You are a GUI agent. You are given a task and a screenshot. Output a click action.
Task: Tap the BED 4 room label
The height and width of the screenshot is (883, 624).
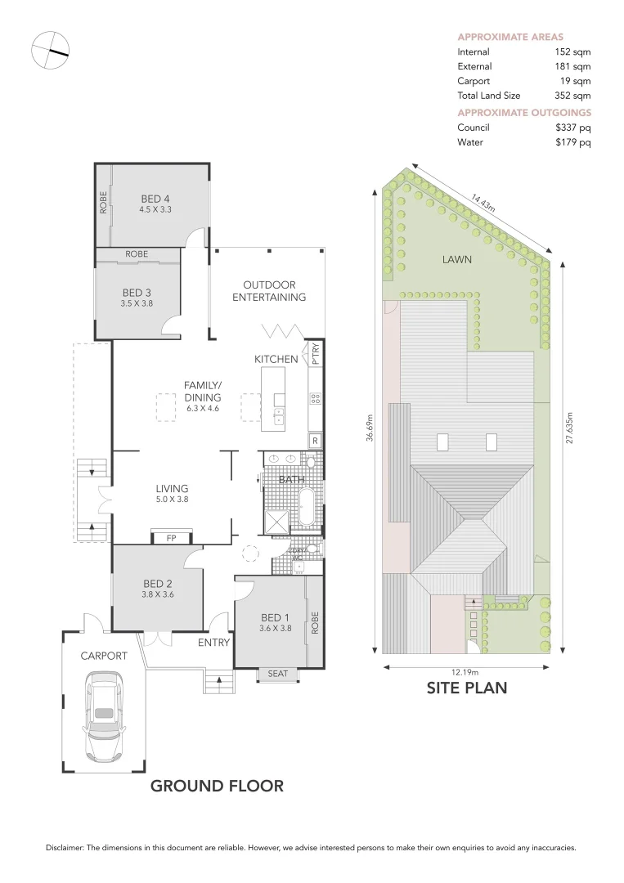click(155, 199)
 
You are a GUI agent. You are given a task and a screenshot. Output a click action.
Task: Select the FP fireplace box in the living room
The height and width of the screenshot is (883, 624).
click(172, 538)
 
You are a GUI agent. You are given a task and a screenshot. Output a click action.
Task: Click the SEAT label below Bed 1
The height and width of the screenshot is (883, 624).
click(278, 674)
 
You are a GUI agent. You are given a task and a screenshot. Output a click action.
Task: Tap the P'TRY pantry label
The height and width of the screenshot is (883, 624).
click(316, 354)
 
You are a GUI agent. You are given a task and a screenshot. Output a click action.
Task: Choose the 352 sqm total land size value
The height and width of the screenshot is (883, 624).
click(572, 96)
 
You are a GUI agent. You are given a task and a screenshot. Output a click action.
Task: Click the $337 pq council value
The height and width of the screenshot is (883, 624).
click(572, 128)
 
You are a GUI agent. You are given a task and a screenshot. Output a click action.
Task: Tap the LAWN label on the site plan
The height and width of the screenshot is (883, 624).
click(457, 259)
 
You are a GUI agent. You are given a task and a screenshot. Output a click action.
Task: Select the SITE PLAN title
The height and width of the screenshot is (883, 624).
click(466, 688)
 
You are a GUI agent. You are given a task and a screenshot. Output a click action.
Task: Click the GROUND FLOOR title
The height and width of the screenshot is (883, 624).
click(217, 787)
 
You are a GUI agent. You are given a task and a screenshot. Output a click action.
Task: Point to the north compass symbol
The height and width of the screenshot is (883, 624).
click(50, 51)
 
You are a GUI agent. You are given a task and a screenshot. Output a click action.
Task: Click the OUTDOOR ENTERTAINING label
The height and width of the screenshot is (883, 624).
click(269, 291)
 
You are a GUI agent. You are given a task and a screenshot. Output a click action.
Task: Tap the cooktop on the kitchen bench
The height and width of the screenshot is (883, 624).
click(316, 399)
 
